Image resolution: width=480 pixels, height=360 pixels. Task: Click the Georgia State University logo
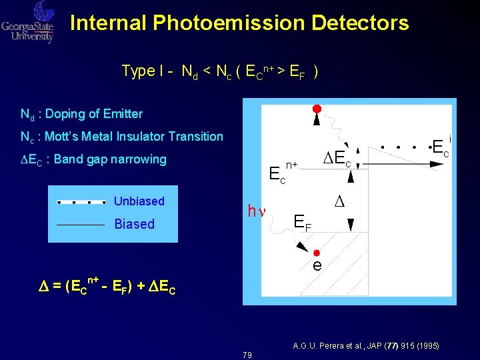coord(29,21)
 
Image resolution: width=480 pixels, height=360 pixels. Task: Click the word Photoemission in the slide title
coord(225,23)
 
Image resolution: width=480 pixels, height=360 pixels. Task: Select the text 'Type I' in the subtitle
coord(138,71)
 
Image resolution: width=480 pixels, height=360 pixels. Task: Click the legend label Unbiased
coord(139,201)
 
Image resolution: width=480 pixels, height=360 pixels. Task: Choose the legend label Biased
coord(134,224)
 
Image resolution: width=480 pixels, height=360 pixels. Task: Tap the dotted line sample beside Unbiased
coord(81,201)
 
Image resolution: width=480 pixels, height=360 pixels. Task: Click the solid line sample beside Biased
coord(81,225)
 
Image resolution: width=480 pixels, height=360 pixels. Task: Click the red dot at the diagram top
coord(317,108)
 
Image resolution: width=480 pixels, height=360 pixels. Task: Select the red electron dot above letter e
coord(317,253)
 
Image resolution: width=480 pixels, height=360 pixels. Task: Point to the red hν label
coord(257,211)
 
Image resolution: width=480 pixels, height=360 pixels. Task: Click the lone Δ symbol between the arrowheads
coord(338,201)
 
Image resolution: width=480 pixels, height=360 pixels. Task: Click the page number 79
coord(247,355)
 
